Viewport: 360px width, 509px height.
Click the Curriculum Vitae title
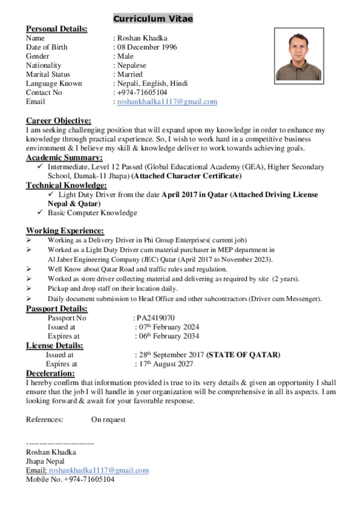(153, 19)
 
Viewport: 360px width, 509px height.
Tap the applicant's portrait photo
(299, 56)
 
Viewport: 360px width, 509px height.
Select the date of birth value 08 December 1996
(147, 47)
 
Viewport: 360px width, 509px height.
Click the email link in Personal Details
(167, 102)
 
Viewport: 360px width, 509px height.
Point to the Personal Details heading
(57, 29)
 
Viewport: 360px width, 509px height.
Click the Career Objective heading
(59, 121)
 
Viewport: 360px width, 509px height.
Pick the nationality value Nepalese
(132, 65)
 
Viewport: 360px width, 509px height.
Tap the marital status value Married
(130, 74)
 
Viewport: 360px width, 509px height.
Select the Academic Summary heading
(64, 158)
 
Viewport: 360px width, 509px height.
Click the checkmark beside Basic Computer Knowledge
(40, 213)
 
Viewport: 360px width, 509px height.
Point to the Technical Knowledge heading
(66, 185)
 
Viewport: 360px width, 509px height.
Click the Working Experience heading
(65, 231)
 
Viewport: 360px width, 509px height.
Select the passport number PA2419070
(156, 318)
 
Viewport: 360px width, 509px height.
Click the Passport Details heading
(57, 309)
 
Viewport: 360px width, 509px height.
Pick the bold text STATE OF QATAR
(243, 355)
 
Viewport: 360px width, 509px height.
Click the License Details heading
(55, 345)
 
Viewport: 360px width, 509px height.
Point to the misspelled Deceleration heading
(50, 373)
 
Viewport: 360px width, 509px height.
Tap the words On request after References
(108, 420)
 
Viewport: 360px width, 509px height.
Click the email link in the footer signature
(98, 470)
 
